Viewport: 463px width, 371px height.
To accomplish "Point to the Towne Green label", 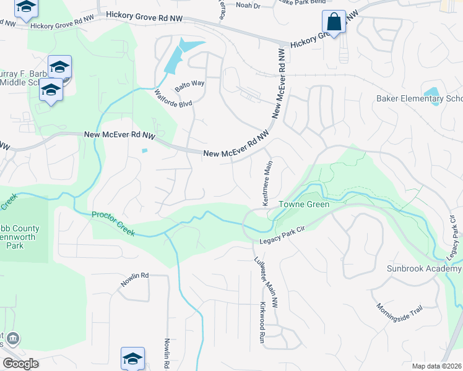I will (303, 204).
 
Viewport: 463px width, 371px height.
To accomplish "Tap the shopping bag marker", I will (334, 22).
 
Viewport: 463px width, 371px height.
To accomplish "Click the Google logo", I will (20, 364).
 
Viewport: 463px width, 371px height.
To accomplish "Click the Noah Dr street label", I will (248, 5).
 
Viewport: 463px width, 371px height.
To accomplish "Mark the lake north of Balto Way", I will (183, 53).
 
